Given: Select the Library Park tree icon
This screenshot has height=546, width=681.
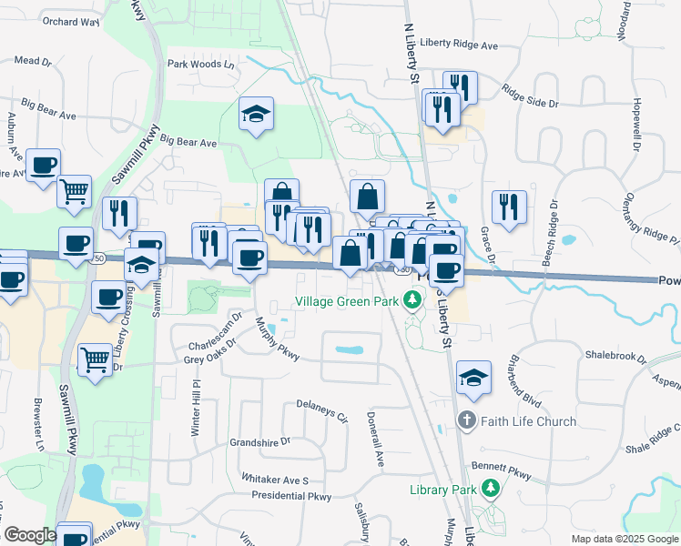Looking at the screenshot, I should coord(492,490).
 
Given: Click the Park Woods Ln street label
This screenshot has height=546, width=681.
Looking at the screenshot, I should coord(201,65).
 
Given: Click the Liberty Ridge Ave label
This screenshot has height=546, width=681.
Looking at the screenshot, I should coord(459,45).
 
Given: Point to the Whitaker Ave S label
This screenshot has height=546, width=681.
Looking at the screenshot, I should coord(275,479).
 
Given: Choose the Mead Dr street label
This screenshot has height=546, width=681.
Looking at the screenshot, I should coord(34,60).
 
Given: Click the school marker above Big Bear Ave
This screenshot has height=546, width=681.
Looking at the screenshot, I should coord(257,116).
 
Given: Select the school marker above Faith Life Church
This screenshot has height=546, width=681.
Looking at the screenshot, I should coord(473,378).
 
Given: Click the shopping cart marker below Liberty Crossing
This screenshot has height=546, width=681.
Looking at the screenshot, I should coord(96,361).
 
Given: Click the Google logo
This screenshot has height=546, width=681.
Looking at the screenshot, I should coord(30,535).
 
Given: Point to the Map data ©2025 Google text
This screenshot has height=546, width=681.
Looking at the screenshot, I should coord(625,539).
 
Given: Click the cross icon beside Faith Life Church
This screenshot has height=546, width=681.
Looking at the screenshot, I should coord(466,421).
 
